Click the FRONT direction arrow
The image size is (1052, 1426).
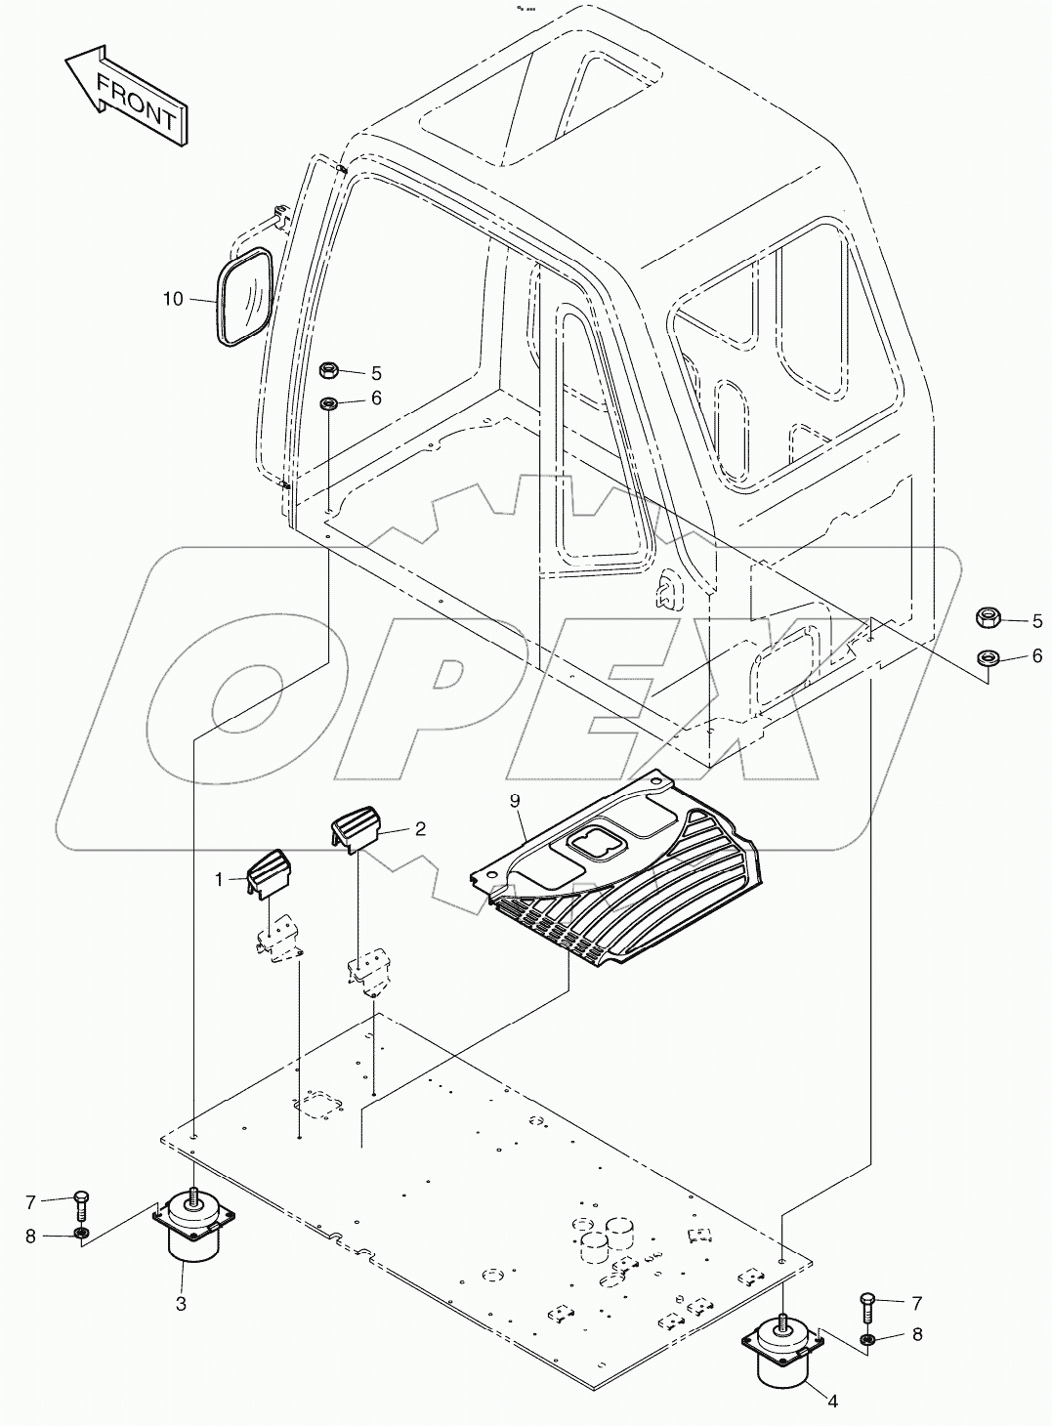tap(125, 96)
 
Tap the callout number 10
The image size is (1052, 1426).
tap(173, 299)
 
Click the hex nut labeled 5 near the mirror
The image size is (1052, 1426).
tap(330, 370)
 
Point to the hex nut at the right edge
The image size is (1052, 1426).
tap(988, 617)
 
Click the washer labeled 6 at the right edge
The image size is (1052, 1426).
tap(988, 655)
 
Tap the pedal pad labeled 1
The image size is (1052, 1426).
tap(269, 870)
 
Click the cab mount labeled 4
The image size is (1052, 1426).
tap(786, 1352)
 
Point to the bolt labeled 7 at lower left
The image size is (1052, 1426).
tap(82, 1202)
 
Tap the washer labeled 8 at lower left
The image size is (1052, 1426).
tap(83, 1236)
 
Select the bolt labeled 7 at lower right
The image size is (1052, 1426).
tap(869, 1305)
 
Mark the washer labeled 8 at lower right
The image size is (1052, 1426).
tap(869, 1336)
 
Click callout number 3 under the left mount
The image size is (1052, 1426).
tap(181, 1303)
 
